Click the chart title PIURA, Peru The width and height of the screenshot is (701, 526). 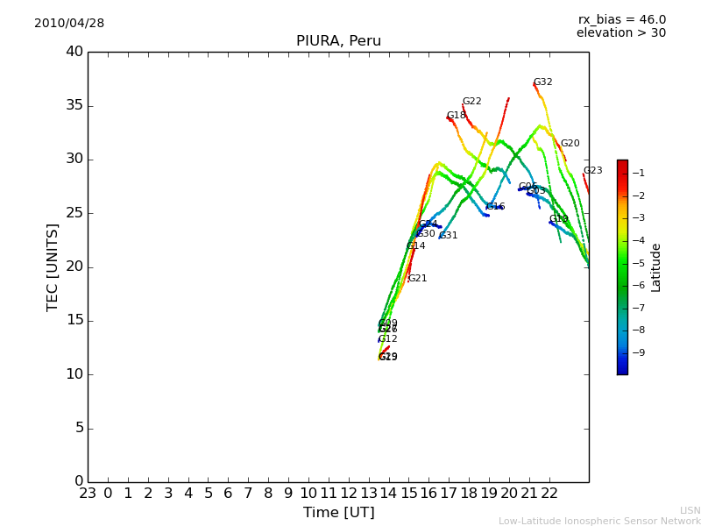pos(338,41)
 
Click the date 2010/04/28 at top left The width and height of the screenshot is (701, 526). pos(69,24)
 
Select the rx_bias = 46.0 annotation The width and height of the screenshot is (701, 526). pos(621,20)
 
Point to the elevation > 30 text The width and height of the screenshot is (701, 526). pos(620,33)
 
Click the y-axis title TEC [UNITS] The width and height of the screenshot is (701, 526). pos(53,267)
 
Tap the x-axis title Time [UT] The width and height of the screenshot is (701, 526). pos(338,513)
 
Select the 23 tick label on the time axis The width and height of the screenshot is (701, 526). pos(88,494)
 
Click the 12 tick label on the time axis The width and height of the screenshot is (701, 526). pos(349,494)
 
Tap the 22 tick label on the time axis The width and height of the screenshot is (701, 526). pos(549,494)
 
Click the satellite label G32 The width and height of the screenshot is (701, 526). pos(543,82)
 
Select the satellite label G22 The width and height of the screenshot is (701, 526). pos(471,102)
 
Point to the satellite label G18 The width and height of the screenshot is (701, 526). pos(457,116)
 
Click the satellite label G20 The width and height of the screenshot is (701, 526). pos(570,144)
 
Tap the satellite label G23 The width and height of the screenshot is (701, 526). pos(592,171)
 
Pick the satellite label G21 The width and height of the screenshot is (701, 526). pos(417,279)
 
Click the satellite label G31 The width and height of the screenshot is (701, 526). pos(448,236)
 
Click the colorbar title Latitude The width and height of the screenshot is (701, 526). pos(655,267)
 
